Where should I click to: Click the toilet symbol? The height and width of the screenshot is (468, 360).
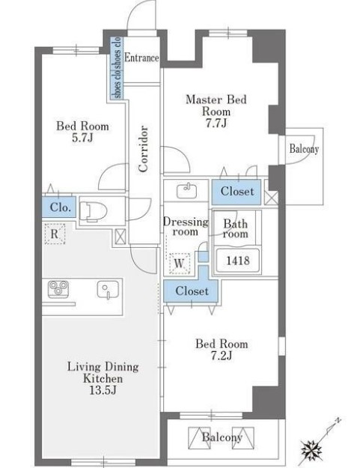coord(94,211)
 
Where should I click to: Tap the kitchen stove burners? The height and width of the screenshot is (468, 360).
coord(58,289)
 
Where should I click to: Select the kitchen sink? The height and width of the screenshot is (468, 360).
coord(108,290)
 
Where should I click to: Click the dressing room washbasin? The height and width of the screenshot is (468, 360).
coord(186,191)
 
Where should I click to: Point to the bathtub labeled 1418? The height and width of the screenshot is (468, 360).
coord(238,261)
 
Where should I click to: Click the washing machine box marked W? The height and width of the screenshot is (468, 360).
coord(180,264)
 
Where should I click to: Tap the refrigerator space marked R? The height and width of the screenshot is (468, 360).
coord(55,234)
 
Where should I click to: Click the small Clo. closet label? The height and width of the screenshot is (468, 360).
coord(61,207)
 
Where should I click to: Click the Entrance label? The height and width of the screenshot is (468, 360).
coord(141,58)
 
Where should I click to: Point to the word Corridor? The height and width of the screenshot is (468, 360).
coord(143,149)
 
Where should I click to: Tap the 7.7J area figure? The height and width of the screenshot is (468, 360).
coord(216,123)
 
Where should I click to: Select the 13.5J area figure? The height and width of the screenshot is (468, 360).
coord(103,390)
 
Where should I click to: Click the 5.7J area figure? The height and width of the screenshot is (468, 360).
coord(82,138)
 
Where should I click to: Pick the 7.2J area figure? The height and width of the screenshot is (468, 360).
coord(222,356)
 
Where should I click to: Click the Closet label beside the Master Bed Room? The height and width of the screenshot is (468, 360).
coord(237,192)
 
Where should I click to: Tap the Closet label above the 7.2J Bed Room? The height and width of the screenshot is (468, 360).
coord(192,291)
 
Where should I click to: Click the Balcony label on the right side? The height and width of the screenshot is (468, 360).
coord(304,148)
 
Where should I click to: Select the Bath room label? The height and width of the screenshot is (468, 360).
coord(235,228)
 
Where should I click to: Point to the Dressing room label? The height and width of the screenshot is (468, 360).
coord(186,227)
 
